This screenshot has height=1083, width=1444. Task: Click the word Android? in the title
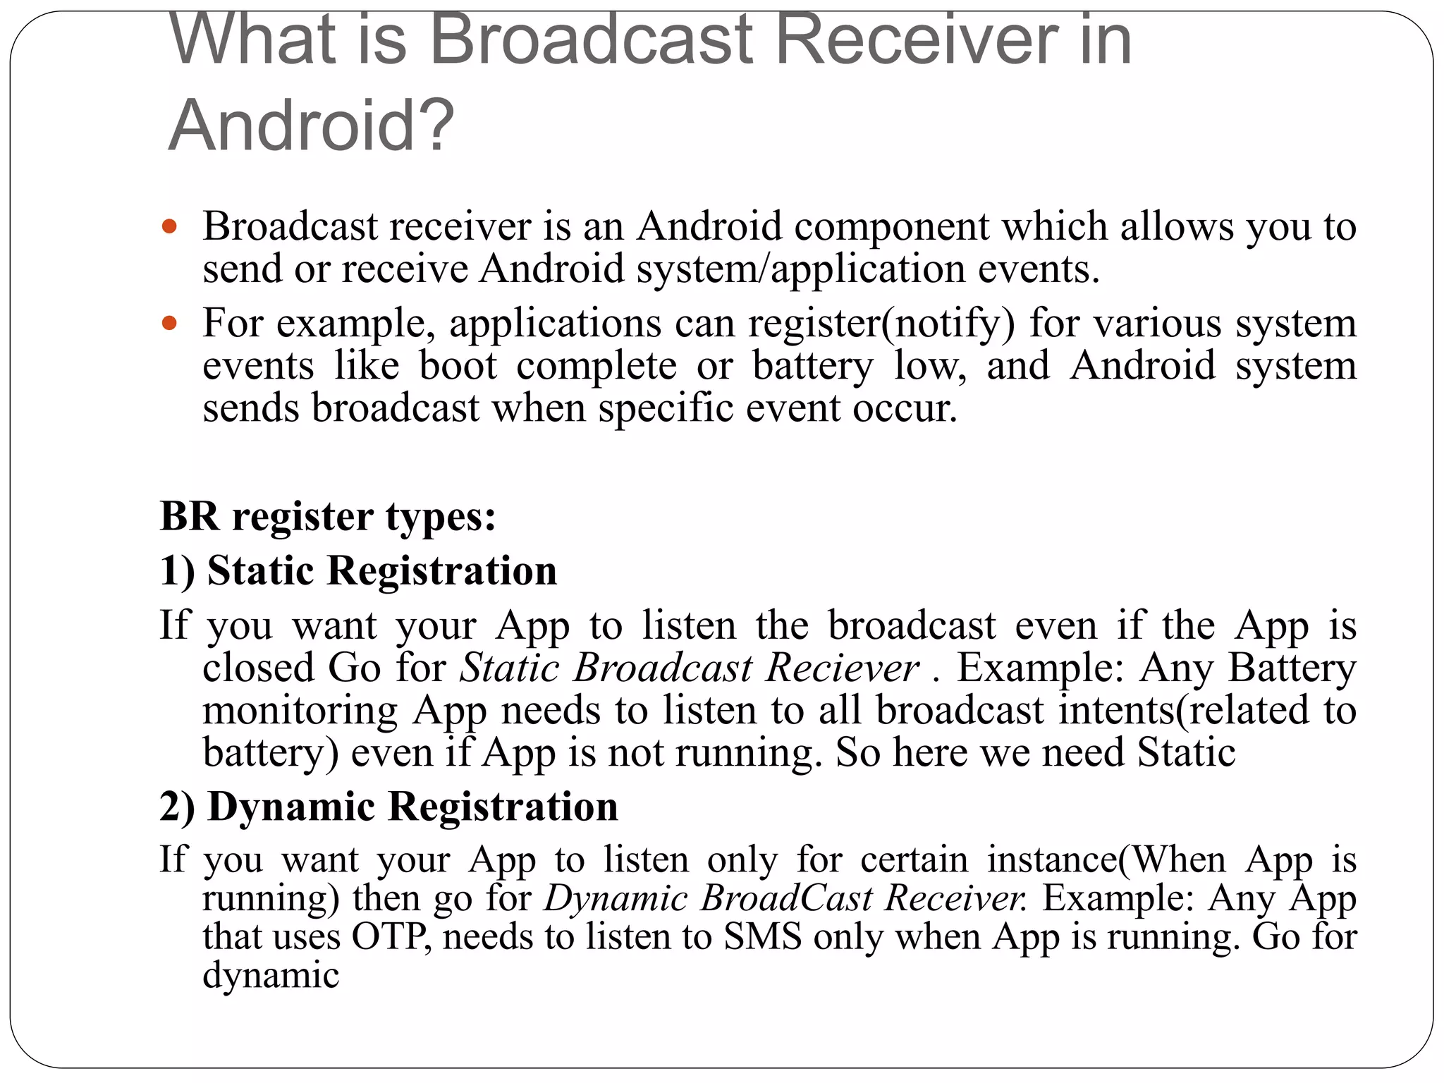(x=311, y=126)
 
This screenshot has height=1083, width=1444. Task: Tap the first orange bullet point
(x=169, y=227)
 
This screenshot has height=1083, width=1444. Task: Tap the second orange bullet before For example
(x=169, y=324)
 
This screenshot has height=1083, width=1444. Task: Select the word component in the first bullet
(x=891, y=227)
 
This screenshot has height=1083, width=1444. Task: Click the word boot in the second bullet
(x=458, y=366)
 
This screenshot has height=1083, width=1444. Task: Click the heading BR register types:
(x=328, y=516)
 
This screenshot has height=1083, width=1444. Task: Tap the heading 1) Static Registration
(x=358, y=570)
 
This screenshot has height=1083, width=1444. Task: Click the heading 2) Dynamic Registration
(x=388, y=807)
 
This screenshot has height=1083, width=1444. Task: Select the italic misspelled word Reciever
(x=842, y=668)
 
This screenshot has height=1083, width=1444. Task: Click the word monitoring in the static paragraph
(x=300, y=710)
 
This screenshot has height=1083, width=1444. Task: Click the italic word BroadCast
(x=787, y=898)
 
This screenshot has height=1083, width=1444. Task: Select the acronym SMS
(x=763, y=937)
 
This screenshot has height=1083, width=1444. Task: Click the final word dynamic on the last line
(x=271, y=976)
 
